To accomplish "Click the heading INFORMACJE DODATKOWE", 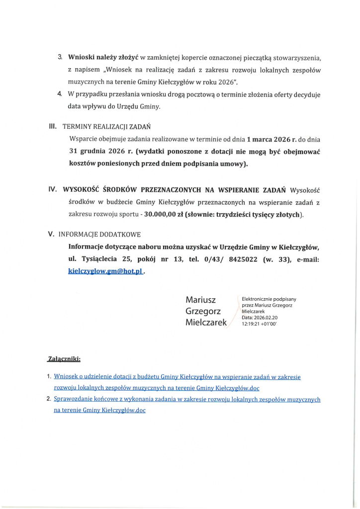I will [x=99, y=234].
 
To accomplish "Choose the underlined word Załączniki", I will [x=64, y=358].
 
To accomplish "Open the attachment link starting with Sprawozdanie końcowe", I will [x=187, y=400].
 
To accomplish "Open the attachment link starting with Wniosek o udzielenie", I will [x=177, y=377].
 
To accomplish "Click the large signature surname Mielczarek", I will [x=206, y=322].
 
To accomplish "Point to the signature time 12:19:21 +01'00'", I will [x=259, y=323].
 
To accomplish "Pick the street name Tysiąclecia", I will [x=102, y=259].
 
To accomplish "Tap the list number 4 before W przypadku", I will [x=59, y=93].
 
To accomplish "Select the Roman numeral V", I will [x=51, y=234].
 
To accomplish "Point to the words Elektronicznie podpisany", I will [x=269, y=299].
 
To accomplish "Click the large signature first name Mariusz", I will [x=200, y=300].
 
